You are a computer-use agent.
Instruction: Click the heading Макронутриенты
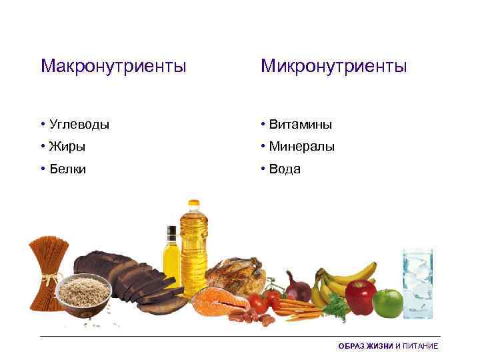pyautogui.click(x=113, y=66)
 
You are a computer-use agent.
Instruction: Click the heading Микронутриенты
pyautogui.click(x=333, y=66)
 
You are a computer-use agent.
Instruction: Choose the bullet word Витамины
pyautogui.click(x=301, y=124)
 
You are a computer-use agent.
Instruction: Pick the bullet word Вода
pyautogui.click(x=285, y=169)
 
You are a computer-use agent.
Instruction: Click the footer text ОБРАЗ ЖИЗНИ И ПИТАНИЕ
pyautogui.click(x=388, y=346)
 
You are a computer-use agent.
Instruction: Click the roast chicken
pyautogui.click(x=235, y=274)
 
